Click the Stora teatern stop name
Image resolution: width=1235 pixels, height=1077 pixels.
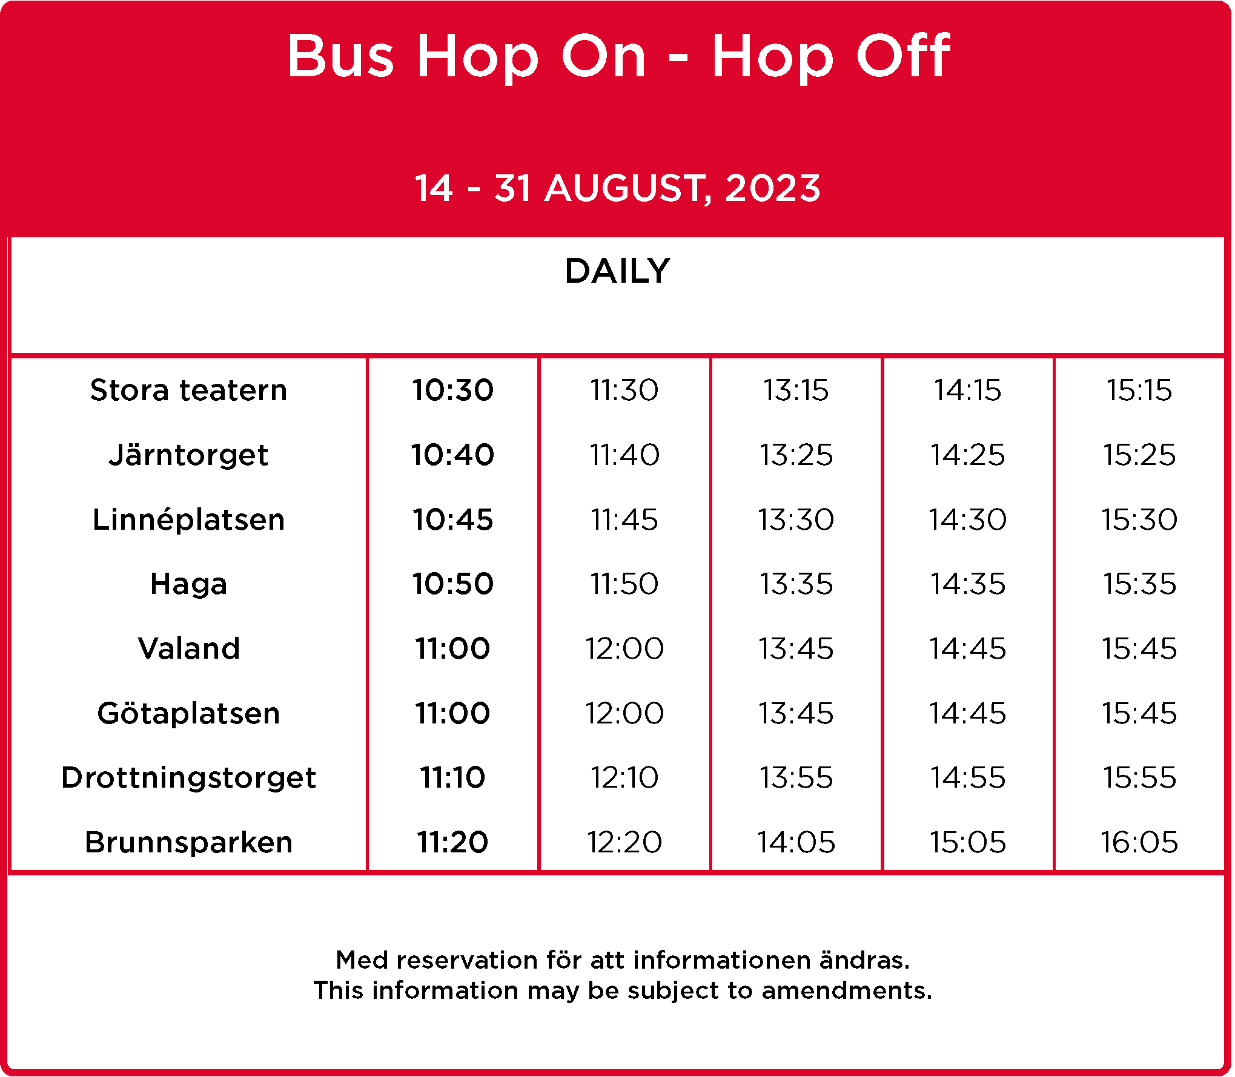[188, 390]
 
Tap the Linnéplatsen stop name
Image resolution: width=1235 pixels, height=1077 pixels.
[188, 519]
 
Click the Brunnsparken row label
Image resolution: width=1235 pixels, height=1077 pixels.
[188, 843]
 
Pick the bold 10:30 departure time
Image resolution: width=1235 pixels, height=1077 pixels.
[452, 390]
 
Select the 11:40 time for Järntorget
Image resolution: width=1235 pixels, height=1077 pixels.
[624, 455]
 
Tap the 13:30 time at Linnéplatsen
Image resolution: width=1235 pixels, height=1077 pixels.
[796, 519]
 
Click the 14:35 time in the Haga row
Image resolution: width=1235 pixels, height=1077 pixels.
[968, 584]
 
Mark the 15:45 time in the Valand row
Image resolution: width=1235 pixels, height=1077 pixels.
[1139, 648]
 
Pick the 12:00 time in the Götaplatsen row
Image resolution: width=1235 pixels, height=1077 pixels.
[624, 713]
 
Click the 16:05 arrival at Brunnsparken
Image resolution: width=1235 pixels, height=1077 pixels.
[1139, 842]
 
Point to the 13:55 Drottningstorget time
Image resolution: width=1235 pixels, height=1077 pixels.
[796, 777]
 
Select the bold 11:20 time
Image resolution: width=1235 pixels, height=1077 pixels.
[452, 842]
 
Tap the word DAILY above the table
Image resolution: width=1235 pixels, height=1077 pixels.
[617, 271]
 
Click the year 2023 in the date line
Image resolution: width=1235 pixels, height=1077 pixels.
[772, 188]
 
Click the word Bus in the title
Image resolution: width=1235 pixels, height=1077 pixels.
[340, 56]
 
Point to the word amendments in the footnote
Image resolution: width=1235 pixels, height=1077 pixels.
[847, 990]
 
